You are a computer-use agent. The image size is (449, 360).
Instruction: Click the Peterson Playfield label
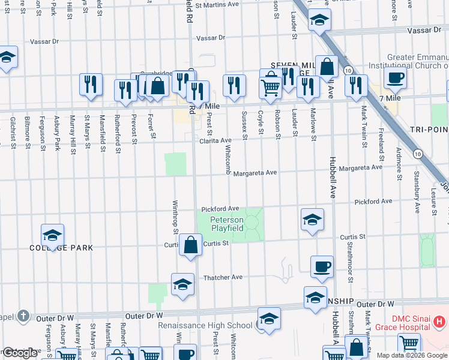227,224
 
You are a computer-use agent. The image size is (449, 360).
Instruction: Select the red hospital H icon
439,323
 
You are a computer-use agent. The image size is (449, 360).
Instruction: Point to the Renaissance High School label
205,325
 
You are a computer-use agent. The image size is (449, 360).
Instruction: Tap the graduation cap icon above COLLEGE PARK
52,235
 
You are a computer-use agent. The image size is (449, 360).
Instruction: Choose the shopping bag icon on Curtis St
190,245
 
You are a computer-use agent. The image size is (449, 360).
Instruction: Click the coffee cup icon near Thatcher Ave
322,266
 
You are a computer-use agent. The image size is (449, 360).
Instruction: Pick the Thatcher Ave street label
223,277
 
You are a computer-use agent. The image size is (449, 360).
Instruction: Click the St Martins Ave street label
220,5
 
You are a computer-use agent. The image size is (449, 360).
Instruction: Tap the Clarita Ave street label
216,140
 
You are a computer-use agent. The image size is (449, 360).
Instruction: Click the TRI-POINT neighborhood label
427,130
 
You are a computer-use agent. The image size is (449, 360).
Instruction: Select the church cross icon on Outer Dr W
23,315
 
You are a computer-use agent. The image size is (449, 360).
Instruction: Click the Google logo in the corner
20,353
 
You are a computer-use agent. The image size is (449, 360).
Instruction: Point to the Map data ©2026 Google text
411,355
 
